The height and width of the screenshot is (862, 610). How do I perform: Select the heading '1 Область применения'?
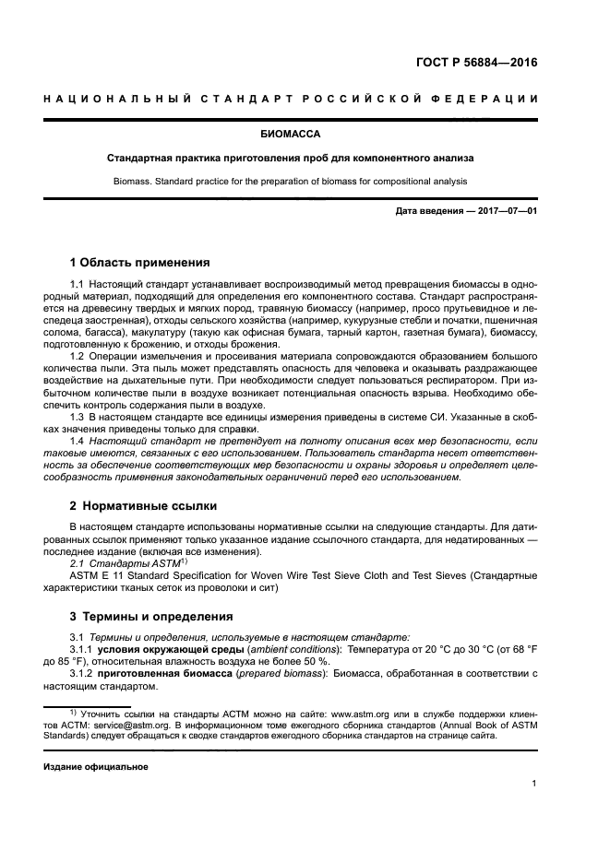click(x=140, y=262)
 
